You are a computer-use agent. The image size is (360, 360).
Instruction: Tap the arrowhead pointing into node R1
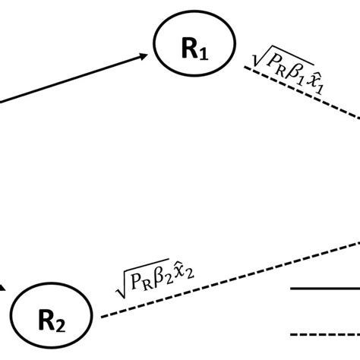[x=144, y=55]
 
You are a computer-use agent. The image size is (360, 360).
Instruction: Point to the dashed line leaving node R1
[x=304, y=99]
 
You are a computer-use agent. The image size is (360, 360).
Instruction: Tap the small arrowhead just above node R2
[x=4, y=287]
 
